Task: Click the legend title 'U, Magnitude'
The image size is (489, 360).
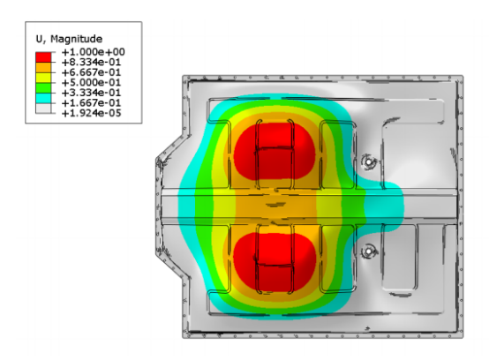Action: tap(69, 39)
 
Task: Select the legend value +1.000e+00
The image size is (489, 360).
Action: tap(93, 52)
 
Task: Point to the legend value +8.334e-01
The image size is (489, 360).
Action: tap(91, 62)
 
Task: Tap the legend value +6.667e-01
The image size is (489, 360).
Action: tap(91, 72)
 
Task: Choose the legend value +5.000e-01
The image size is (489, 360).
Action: tap(91, 83)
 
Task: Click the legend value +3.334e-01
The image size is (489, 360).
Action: tap(91, 93)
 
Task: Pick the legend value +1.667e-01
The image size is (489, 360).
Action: tap(91, 103)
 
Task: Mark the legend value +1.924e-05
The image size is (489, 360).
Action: tap(91, 113)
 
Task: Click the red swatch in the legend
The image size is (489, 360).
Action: tap(43, 57)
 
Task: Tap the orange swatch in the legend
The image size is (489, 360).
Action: tap(43, 67)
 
